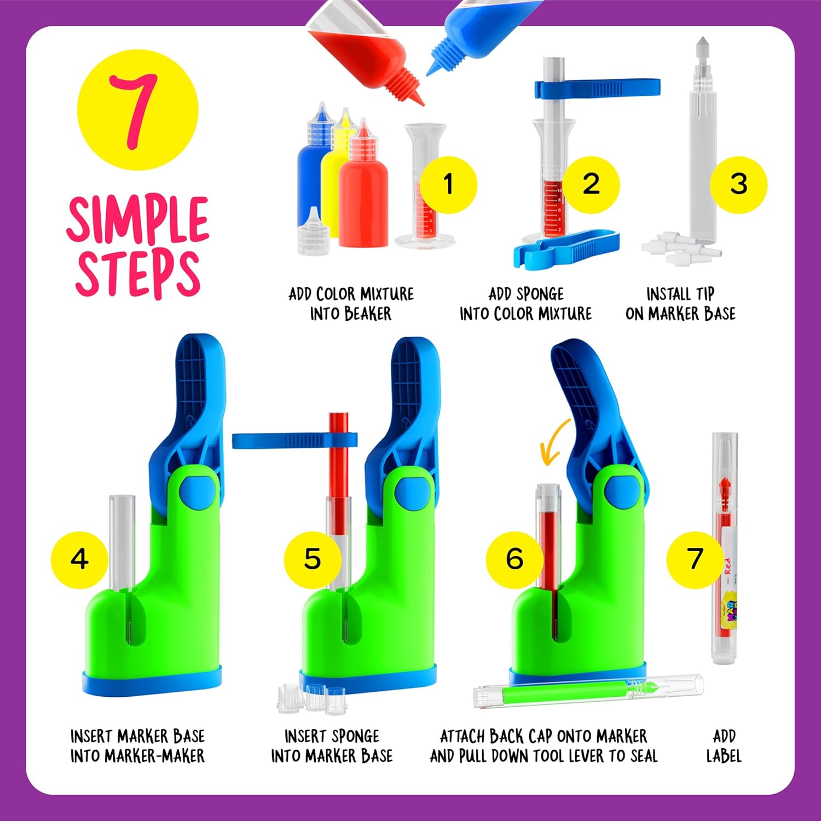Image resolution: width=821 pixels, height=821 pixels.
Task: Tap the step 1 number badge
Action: (x=449, y=184)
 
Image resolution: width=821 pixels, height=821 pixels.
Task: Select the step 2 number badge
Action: (x=591, y=184)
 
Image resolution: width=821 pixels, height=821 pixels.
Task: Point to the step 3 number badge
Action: (x=738, y=184)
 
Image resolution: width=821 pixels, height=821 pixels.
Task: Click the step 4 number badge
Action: (x=80, y=559)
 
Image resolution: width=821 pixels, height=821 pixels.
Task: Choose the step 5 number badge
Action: (x=313, y=559)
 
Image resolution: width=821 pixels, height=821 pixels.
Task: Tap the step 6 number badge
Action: (x=514, y=559)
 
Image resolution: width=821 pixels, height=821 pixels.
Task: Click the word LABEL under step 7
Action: (x=724, y=756)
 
